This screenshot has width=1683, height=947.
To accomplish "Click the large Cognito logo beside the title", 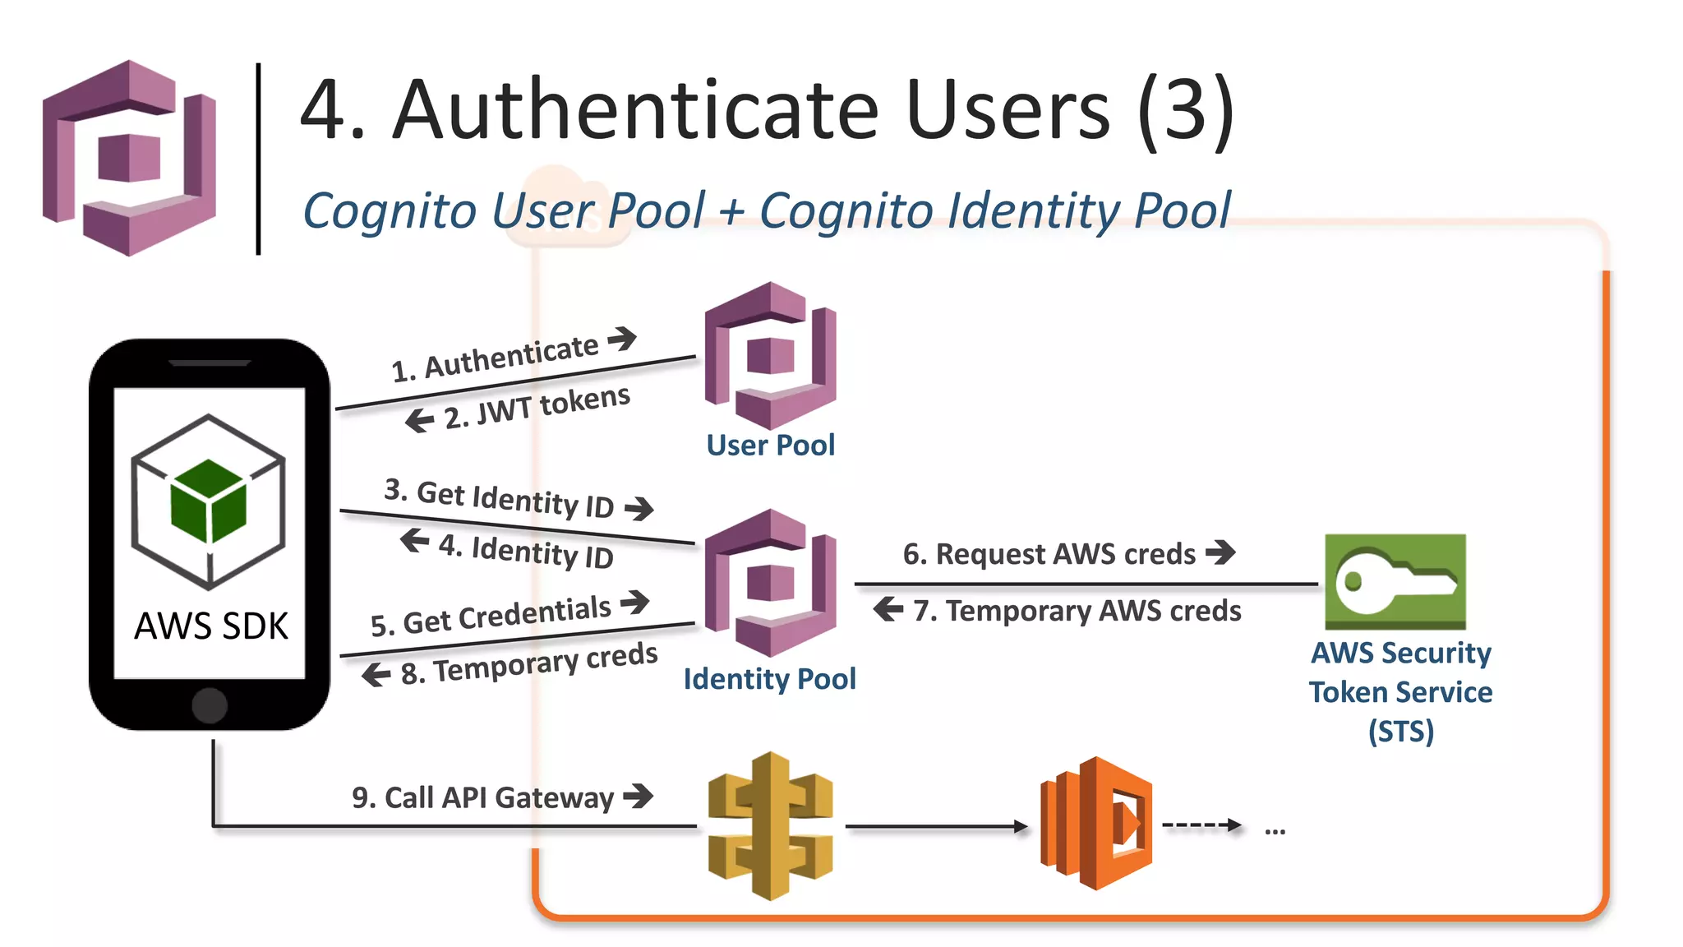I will click(129, 158).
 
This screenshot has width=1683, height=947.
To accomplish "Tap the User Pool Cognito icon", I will click(770, 355).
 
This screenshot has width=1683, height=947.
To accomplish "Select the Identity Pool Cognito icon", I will click(770, 582).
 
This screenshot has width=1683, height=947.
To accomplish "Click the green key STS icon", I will click(1395, 582).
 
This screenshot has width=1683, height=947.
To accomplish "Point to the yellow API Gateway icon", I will click(770, 825).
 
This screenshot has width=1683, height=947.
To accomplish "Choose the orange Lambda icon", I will click(1096, 824).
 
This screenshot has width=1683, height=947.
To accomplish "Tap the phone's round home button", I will click(210, 705).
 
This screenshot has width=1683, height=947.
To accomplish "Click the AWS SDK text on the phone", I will click(211, 626).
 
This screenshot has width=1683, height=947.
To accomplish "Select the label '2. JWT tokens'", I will click(536, 406).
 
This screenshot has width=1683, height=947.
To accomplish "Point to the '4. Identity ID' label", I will click(526, 551).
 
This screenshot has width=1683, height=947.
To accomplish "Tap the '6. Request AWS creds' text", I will click(1049, 554).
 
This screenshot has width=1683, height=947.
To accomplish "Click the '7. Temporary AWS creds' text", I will click(1077, 611).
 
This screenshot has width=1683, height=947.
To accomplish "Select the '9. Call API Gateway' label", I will click(482, 797).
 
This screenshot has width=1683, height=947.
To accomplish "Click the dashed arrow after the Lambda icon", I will click(1201, 825).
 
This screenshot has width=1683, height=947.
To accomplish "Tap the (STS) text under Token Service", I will click(1400, 731).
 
